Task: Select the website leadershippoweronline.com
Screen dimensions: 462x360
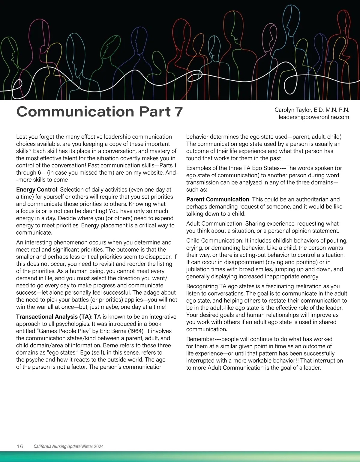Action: (x=314, y=117)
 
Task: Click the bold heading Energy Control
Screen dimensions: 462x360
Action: (x=36, y=190)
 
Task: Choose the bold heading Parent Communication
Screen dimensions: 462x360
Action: (x=217, y=199)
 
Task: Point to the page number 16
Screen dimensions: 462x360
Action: (x=20, y=446)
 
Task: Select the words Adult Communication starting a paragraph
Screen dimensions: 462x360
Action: (x=214, y=224)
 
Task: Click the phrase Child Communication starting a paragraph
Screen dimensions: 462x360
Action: (x=214, y=241)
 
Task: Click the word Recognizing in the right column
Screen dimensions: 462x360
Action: (x=202, y=286)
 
